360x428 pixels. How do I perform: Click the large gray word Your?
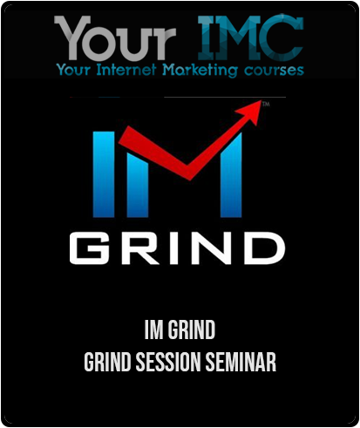click(115, 37)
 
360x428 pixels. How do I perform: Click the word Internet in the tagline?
click(126, 70)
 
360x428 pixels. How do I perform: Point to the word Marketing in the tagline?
click(200, 71)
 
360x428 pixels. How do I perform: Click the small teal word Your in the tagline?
click(73, 70)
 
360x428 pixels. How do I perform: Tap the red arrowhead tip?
click(261, 100)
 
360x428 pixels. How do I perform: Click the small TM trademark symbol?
click(266, 104)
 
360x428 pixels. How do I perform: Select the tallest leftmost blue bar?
click(104, 174)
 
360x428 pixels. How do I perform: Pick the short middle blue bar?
click(138, 185)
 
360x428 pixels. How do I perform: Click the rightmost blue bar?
click(231, 175)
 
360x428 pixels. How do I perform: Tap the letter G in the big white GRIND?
click(88, 248)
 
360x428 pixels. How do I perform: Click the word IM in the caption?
click(153, 329)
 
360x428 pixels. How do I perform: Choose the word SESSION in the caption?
click(168, 362)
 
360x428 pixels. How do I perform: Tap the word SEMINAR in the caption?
click(241, 362)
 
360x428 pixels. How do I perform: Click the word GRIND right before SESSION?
click(107, 362)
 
